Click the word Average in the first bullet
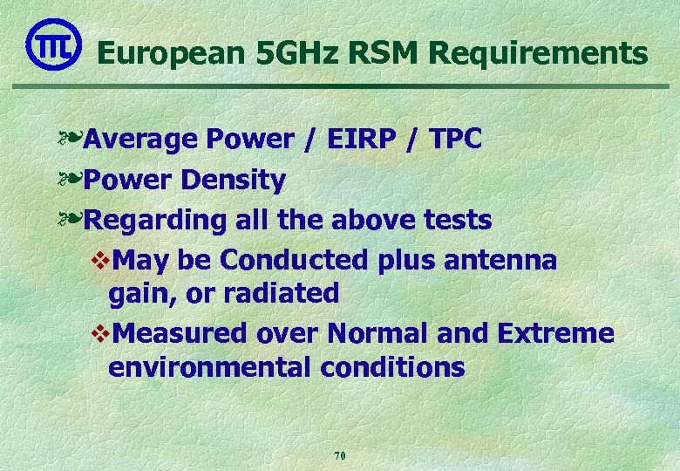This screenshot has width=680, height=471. tap(142, 139)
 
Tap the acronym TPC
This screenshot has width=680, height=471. tap(455, 139)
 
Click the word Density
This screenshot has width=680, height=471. tap(234, 181)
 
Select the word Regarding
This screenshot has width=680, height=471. tap(156, 221)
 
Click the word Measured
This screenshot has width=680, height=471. tap(181, 333)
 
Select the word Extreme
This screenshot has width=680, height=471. tap(555, 333)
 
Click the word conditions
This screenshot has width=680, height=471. tap(392, 367)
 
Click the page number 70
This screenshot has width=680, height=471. tap(340, 455)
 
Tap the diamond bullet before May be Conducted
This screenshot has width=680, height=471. tap(99, 261)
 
